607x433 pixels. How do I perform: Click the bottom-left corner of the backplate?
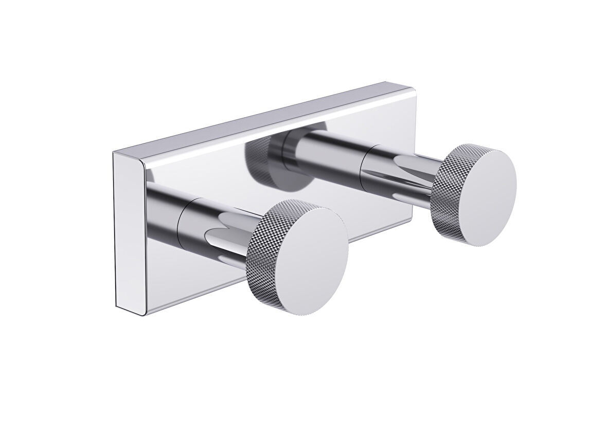[x=117, y=309]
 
